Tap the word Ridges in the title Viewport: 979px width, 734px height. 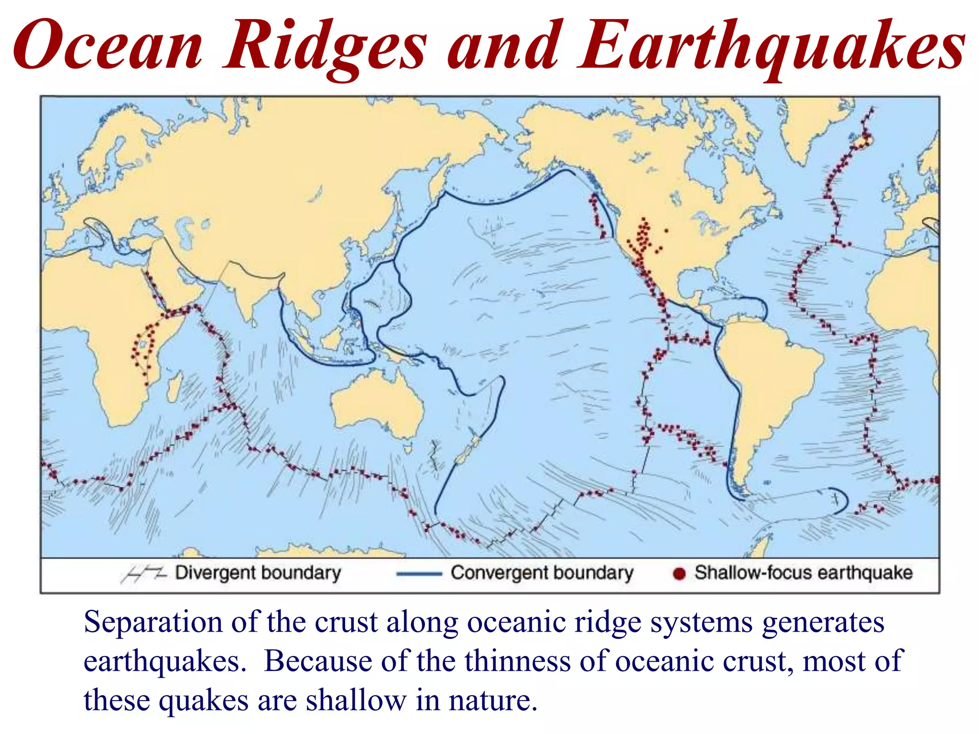(x=326, y=48)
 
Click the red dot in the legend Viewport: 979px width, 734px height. (x=679, y=573)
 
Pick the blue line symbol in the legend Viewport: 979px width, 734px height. (x=419, y=574)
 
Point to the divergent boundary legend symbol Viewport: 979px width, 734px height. (x=143, y=573)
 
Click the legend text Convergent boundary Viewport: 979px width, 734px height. (x=542, y=572)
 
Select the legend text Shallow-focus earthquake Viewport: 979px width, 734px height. (x=803, y=572)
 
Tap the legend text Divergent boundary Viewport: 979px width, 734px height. (x=258, y=572)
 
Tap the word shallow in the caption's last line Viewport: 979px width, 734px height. (x=356, y=701)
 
